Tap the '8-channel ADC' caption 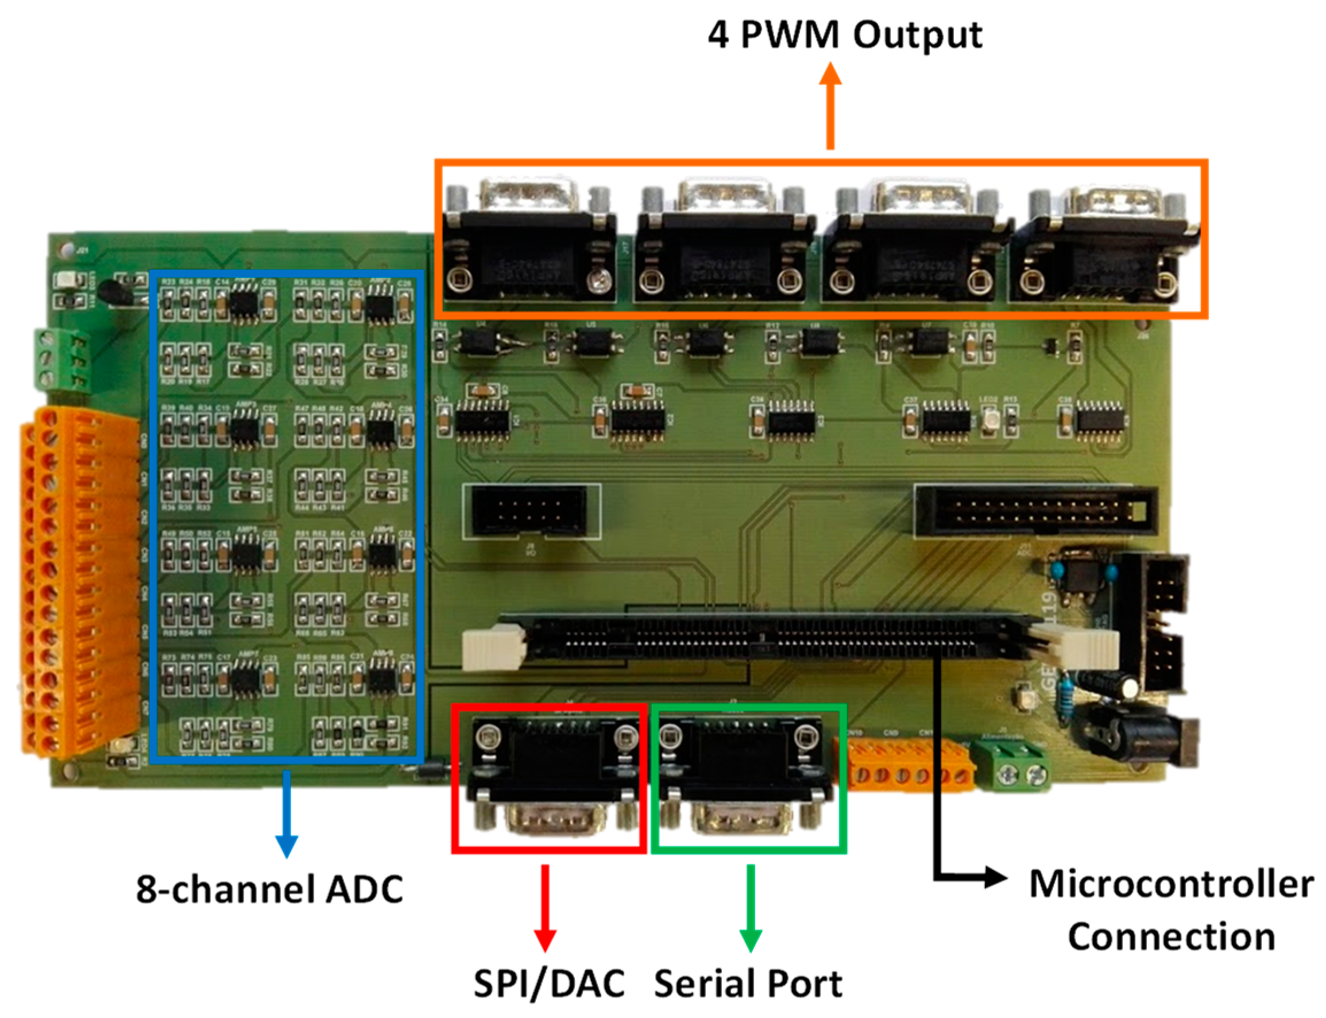pos(269,889)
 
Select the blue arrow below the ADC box pos(286,815)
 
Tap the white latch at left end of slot pos(494,648)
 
